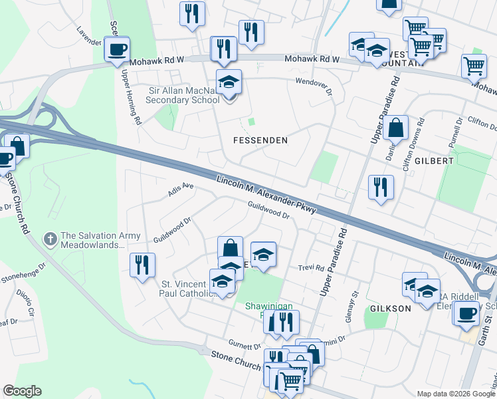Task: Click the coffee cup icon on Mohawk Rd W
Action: coord(117,49)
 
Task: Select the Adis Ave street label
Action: coord(181,190)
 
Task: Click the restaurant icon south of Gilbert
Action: coord(380,186)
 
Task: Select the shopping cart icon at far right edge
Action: coord(474,65)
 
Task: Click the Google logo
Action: coord(22,391)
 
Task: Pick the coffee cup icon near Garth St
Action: coord(467,313)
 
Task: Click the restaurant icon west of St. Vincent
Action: coord(142,265)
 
